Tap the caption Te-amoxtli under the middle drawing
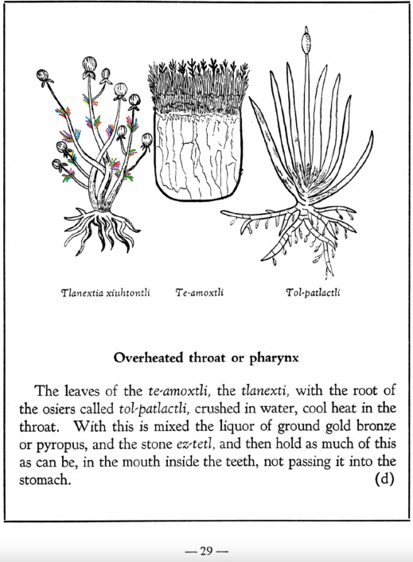[200, 292]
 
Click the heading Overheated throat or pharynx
[205, 357]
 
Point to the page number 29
[206, 551]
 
